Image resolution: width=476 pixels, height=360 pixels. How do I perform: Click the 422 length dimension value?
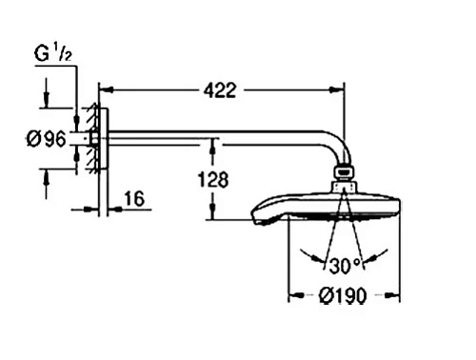pyautogui.click(x=220, y=90)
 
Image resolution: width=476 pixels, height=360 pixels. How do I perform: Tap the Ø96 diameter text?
pyautogui.click(x=45, y=139)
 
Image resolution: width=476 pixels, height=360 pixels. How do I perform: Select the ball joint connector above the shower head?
pyautogui.click(x=344, y=176)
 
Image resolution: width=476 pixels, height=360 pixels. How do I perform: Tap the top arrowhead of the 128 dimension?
pyautogui.click(x=212, y=144)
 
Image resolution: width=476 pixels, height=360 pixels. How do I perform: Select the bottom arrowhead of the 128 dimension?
pyautogui.click(x=212, y=216)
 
